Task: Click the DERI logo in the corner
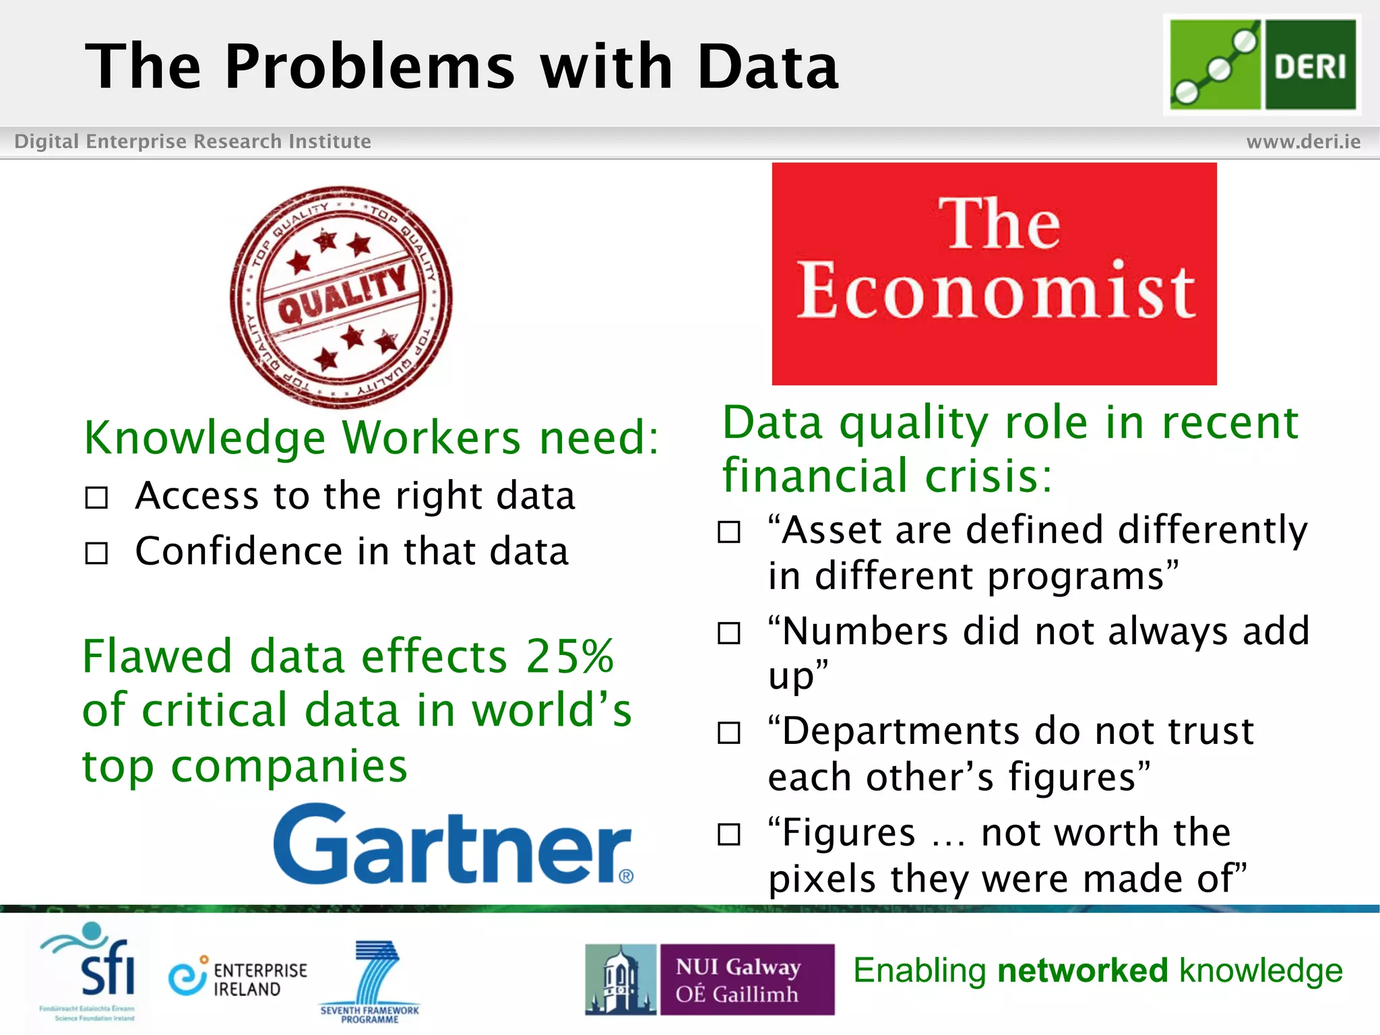pyautogui.click(x=1262, y=65)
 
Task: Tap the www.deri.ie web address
pyautogui.click(x=1303, y=142)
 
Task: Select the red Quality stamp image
pyautogui.click(x=341, y=297)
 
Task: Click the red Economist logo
pyautogui.click(x=994, y=274)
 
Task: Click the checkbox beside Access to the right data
pyautogui.click(x=96, y=499)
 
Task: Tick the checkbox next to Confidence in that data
pyautogui.click(x=96, y=553)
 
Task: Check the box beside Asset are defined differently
pyautogui.click(x=728, y=532)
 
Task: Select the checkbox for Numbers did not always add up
pyautogui.click(x=728, y=633)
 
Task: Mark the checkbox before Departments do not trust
pyautogui.click(x=728, y=732)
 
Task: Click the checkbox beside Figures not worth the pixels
pyautogui.click(x=728, y=835)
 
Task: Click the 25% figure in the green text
pyautogui.click(x=569, y=656)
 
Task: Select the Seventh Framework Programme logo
pyautogui.click(x=370, y=981)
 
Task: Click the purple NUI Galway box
pyautogui.click(x=746, y=979)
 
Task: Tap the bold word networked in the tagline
pyautogui.click(x=1082, y=971)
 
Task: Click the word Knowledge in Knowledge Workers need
pyautogui.click(x=205, y=439)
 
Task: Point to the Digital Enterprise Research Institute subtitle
pyautogui.click(x=193, y=142)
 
